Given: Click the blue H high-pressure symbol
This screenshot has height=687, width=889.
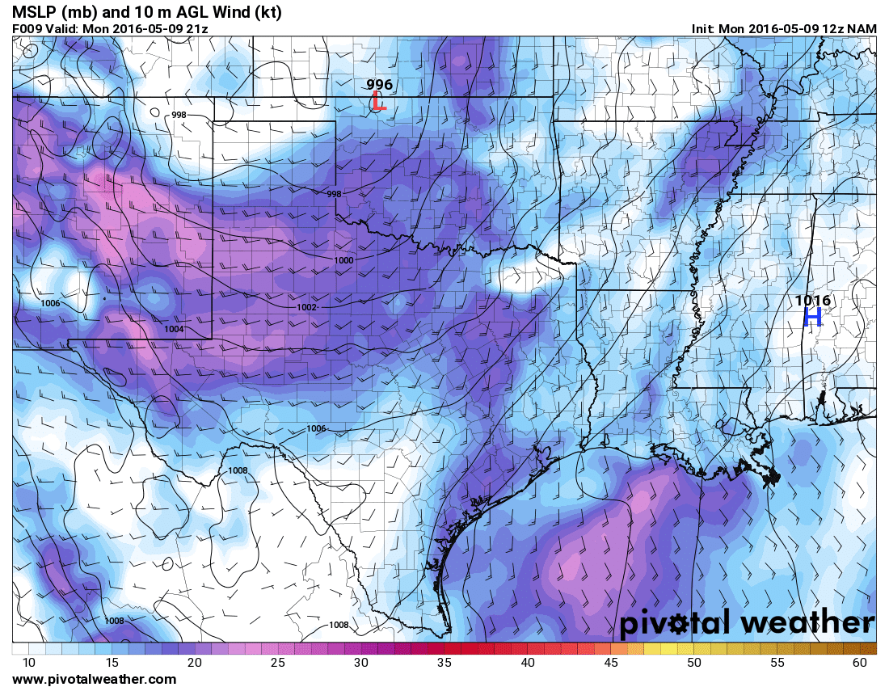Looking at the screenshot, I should pyautogui.click(x=812, y=317).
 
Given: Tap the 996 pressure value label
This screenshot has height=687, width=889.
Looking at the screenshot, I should pyautogui.click(x=379, y=85).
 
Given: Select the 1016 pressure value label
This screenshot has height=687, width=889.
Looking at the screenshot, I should pyautogui.click(x=812, y=301).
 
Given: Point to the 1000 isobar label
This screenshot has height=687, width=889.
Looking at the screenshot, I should pyautogui.click(x=343, y=260).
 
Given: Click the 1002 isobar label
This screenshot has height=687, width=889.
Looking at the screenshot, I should pyautogui.click(x=306, y=308).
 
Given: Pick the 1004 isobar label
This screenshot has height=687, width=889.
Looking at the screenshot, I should pyautogui.click(x=174, y=329).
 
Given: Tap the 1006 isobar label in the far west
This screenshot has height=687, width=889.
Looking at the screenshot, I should pyautogui.click(x=50, y=303).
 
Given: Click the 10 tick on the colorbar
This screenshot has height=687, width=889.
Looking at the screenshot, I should pyautogui.click(x=29, y=663).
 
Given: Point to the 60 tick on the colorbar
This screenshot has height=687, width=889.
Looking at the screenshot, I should pyautogui.click(x=860, y=663).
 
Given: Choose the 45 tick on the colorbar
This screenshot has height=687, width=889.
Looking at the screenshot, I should pyautogui.click(x=611, y=663).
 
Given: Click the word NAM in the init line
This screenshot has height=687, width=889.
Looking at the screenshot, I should pyautogui.click(x=864, y=28).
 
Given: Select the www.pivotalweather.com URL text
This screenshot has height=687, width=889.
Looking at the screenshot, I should pyautogui.click(x=94, y=679).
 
